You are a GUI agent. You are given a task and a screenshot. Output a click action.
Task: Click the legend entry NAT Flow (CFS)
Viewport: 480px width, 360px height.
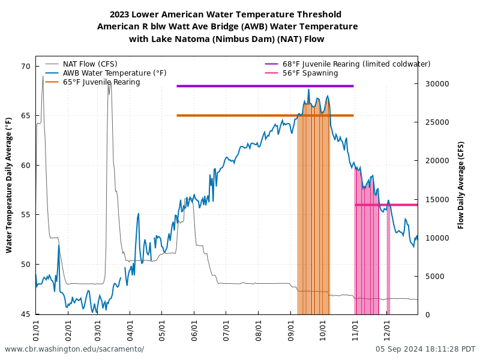coord(90,64)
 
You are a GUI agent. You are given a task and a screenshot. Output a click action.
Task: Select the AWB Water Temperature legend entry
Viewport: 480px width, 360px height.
coord(115,73)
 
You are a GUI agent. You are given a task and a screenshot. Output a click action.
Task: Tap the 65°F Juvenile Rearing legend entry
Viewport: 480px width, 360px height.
coord(101,82)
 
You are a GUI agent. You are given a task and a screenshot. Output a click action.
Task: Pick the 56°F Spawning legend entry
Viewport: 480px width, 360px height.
coord(310,73)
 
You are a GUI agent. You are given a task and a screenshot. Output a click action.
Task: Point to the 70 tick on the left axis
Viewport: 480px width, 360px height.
coord(25,67)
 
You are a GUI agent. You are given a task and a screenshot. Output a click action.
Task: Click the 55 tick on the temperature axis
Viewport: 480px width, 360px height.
coord(25,215)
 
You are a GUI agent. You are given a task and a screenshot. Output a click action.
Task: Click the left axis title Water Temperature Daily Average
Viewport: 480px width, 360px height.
coord(10,185)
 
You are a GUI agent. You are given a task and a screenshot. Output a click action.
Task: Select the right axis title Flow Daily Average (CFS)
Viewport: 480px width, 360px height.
coord(461,185)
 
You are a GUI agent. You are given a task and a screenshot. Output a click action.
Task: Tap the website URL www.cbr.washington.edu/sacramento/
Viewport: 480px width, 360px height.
coord(74,349)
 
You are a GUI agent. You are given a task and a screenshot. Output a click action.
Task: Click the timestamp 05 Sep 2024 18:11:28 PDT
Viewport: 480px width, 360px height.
coord(425,349)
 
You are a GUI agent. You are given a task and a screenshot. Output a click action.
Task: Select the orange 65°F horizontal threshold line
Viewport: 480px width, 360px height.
coord(240,115)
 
